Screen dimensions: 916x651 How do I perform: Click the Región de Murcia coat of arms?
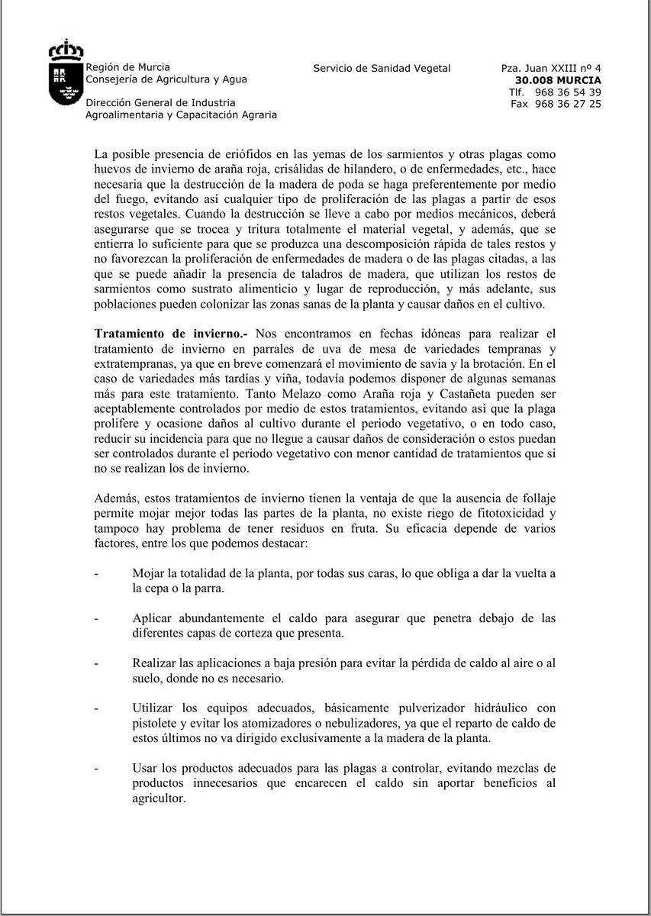pyautogui.click(x=66, y=73)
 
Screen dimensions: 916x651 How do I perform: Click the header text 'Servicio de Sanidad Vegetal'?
pyautogui.click(x=382, y=68)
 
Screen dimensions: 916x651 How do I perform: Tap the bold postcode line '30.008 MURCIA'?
pyautogui.click(x=558, y=79)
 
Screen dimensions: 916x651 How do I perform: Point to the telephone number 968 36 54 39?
pyautogui.click(x=568, y=92)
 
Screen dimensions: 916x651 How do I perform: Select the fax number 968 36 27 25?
pyautogui.click(x=568, y=104)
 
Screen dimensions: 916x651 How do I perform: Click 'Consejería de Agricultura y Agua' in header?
pyautogui.click(x=166, y=79)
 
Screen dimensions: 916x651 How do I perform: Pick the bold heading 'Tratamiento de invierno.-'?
pyautogui.click(x=172, y=334)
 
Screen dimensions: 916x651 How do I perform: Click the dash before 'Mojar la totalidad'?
pyautogui.click(x=97, y=573)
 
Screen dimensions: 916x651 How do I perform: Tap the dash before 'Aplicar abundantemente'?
pyautogui.click(x=97, y=618)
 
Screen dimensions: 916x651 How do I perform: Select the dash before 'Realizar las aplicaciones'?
pyautogui.click(x=97, y=663)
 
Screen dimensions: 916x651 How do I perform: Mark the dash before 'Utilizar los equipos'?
pyautogui.click(x=97, y=708)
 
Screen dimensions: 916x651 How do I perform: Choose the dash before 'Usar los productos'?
pyautogui.click(x=97, y=768)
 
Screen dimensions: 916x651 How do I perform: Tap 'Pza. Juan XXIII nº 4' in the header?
pyautogui.click(x=551, y=68)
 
